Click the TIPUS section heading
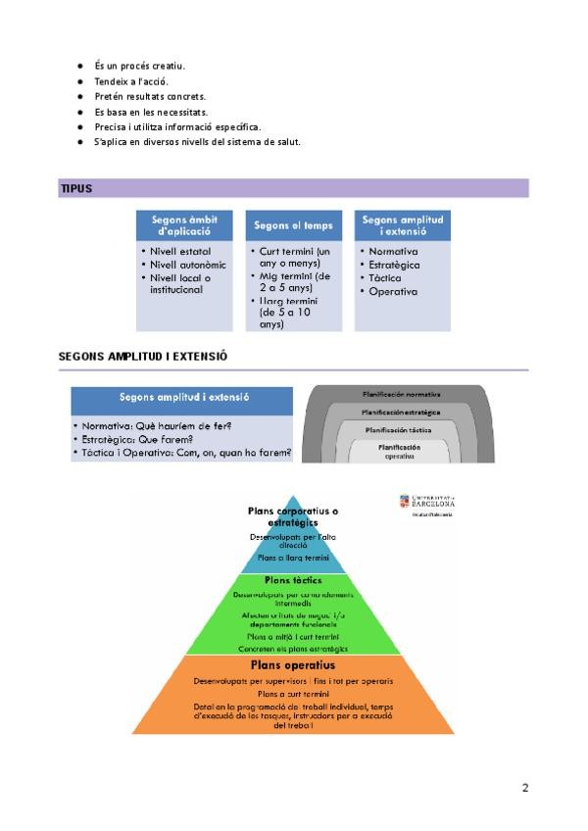click(x=76, y=188)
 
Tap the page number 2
click(x=525, y=787)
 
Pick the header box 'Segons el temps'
click(x=293, y=225)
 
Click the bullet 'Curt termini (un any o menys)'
click(x=295, y=257)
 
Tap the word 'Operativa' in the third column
click(x=393, y=291)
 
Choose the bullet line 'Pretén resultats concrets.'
click(x=150, y=96)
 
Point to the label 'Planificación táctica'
click(x=399, y=429)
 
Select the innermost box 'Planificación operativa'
click(x=399, y=451)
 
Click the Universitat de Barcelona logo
click(x=427, y=504)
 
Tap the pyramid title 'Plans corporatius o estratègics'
click(x=294, y=516)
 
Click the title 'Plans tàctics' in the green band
click(x=293, y=579)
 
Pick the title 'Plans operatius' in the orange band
click(x=293, y=665)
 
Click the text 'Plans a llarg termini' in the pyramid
click(x=293, y=557)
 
